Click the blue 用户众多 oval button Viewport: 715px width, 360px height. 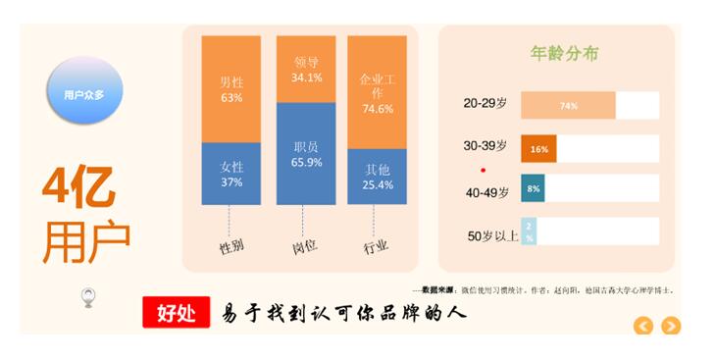(83, 94)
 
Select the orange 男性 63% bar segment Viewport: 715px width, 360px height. (231, 89)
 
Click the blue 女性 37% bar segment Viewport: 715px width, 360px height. (231, 174)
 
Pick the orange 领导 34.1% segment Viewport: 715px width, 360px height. (306, 70)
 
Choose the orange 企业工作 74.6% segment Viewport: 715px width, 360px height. (377, 92)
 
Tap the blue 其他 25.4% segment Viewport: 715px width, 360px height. (377, 177)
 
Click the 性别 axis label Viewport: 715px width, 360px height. (231, 245)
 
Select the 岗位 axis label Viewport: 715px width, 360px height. (305, 245)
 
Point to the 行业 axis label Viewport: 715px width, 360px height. (376, 245)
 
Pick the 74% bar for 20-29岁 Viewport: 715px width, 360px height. (568, 106)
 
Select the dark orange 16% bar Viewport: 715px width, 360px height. (538, 149)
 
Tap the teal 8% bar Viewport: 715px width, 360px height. (533, 188)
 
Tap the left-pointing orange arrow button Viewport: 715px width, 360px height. (643, 326)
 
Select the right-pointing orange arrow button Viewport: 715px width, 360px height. (671, 326)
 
